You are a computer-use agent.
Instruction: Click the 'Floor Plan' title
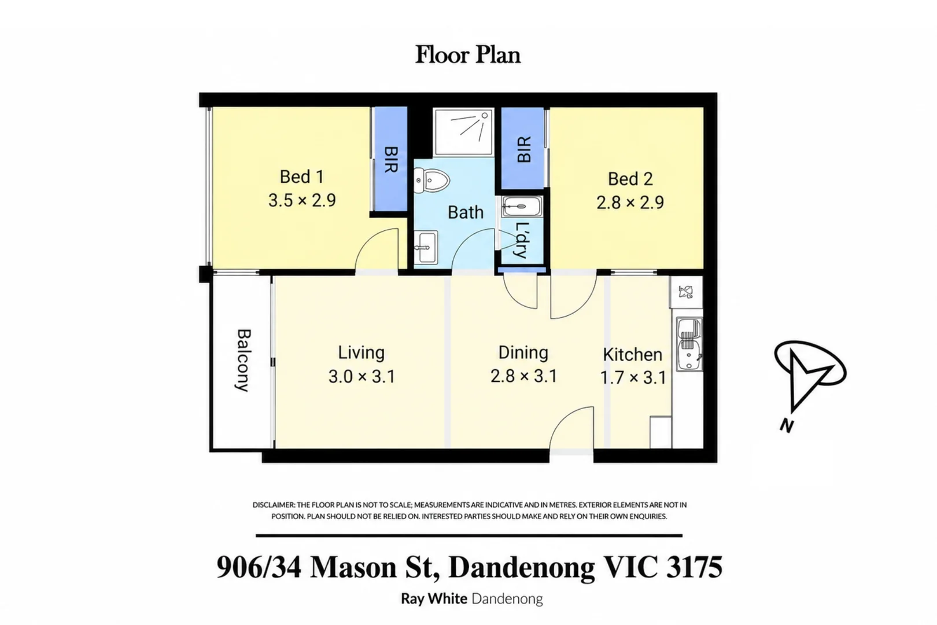coord(468,55)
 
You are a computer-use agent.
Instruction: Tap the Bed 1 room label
coord(301,177)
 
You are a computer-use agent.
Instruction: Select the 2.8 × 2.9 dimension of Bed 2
coord(630,203)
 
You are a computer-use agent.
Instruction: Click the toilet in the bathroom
coord(431,181)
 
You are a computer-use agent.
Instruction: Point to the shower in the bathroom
coord(463,131)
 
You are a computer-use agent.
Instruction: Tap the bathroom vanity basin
coord(426,247)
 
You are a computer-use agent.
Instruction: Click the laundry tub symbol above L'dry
coord(522,207)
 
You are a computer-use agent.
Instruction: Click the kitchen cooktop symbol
coord(686,291)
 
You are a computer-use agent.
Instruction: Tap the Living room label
coord(361,352)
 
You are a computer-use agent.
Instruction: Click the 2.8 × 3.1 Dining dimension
coord(523,376)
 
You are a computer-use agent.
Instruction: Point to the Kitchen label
coord(633,355)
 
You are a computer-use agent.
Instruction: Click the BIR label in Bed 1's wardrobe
coord(390,159)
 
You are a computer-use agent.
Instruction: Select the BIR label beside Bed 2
coord(523,149)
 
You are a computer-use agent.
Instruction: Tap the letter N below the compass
coord(787,426)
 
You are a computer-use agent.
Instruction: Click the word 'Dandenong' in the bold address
coord(521,568)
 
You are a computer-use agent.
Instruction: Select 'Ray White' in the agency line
coord(434,598)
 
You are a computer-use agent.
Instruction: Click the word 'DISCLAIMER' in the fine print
coord(273,505)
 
